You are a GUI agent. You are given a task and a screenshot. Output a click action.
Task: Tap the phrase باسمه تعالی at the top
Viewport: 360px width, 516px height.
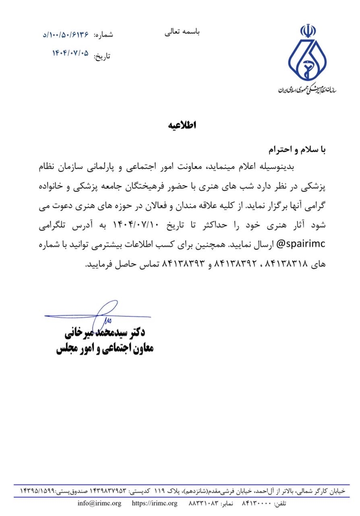pyautogui.click(x=183, y=32)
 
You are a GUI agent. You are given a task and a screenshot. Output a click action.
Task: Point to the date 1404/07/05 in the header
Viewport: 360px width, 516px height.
pyautogui.click(x=71, y=54)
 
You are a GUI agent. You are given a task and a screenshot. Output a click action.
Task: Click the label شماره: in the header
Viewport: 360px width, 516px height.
pyautogui.click(x=104, y=35)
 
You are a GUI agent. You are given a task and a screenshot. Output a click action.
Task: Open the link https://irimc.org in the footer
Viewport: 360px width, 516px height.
pyautogui.click(x=154, y=504)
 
